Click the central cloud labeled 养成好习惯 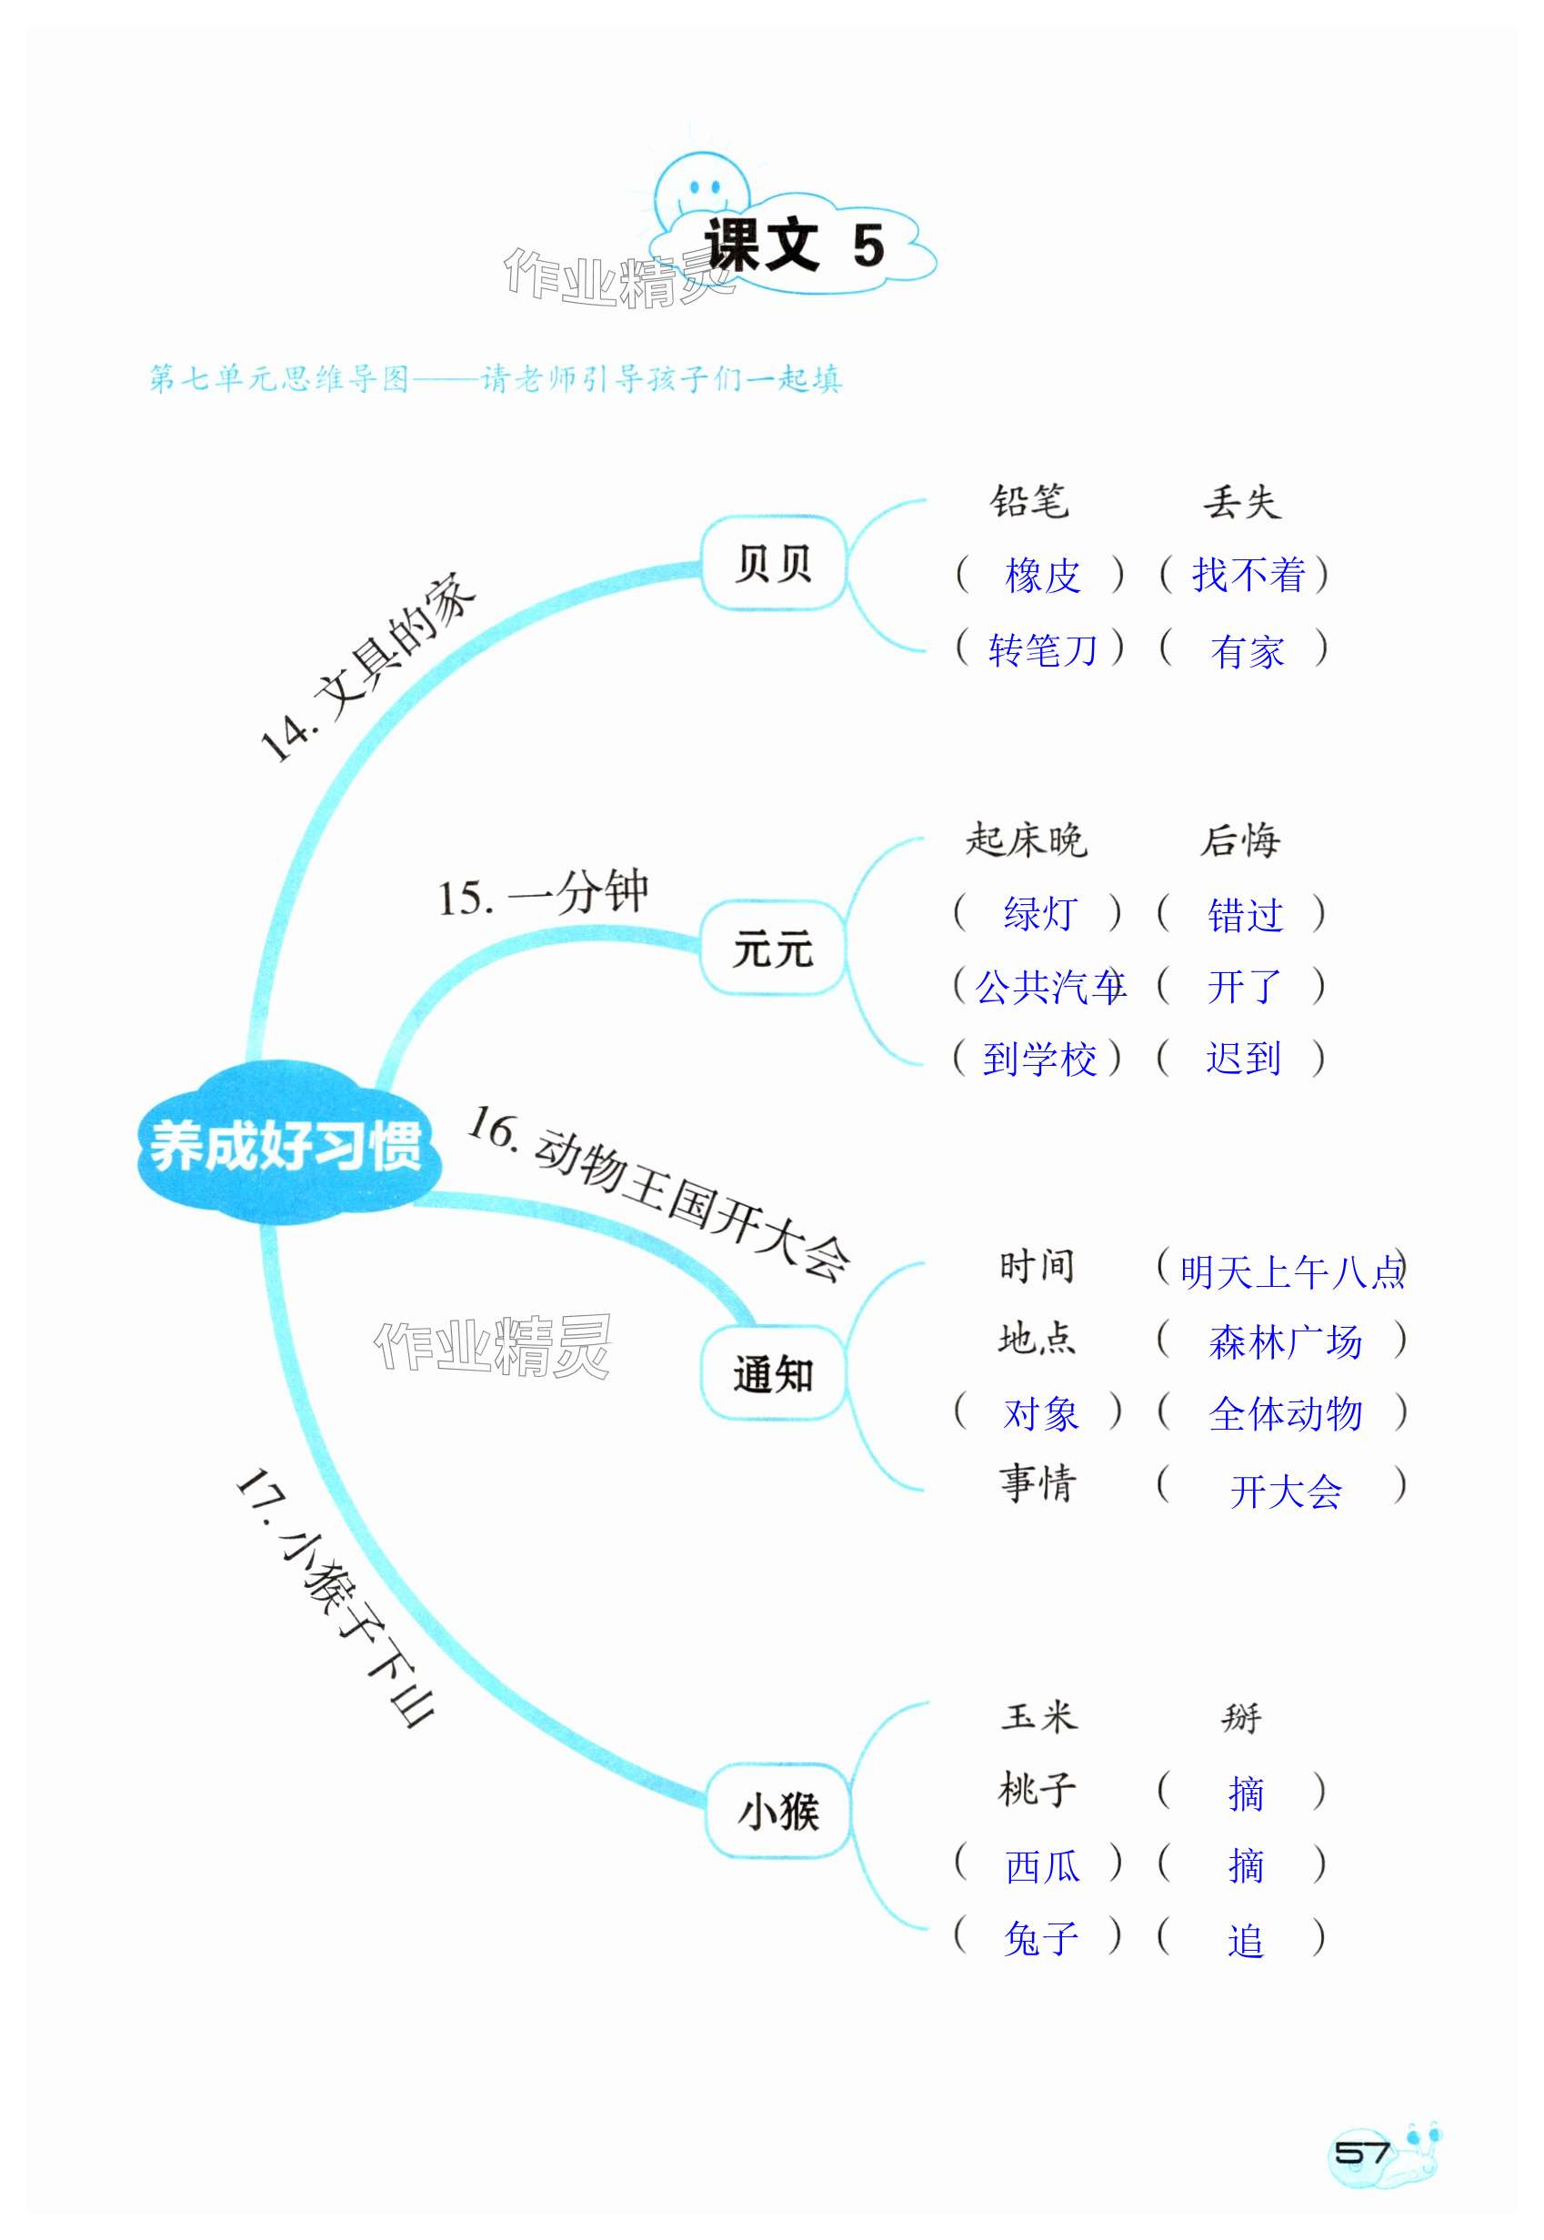click(x=286, y=1147)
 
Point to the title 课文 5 click(x=793, y=246)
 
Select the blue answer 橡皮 click(x=1042, y=576)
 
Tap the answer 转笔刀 click(x=1042, y=649)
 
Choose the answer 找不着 click(x=1247, y=576)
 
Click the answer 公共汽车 click(x=1049, y=987)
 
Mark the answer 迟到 click(x=1243, y=1059)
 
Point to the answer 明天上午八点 click(x=1290, y=1271)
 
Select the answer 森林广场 click(x=1285, y=1343)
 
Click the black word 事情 click(x=1038, y=1483)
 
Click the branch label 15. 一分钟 click(x=542, y=894)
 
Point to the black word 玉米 click(x=1038, y=1717)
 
